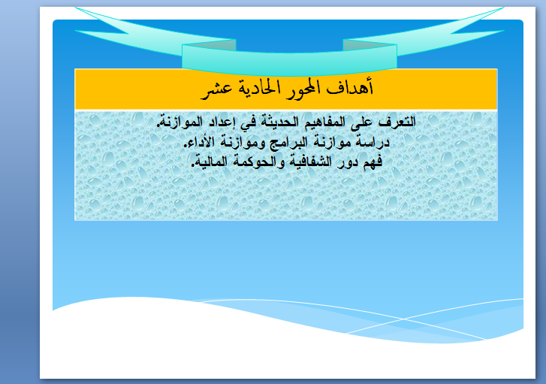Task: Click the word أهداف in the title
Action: pyautogui.click(x=349, y=87)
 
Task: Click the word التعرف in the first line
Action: pyautogui.click(x=398, y=122)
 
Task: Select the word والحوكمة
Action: pyautogui.click(x=257, y=162)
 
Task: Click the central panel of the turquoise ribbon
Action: pyautogui.click(x=289, y=60)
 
